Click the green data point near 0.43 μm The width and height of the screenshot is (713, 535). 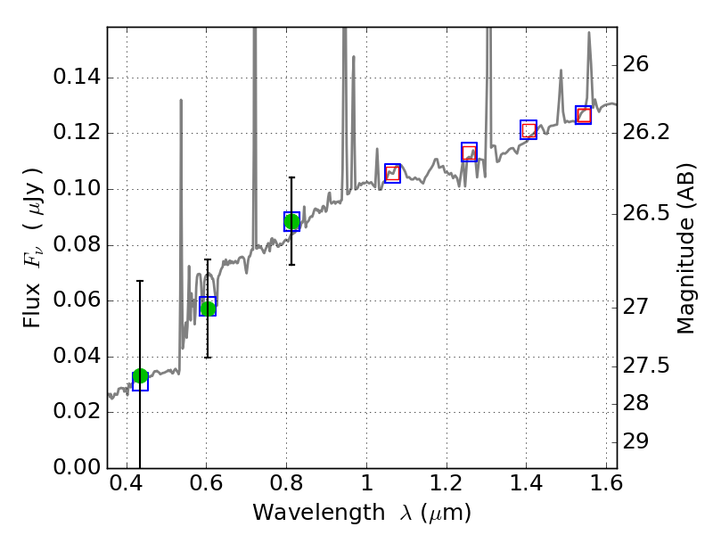(140, 376)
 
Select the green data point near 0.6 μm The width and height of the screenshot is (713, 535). (208, 309)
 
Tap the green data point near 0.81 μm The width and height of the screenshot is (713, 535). (291, 221)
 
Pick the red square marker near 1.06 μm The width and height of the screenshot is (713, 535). (392, 173)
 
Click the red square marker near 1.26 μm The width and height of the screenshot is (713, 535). (469, 152)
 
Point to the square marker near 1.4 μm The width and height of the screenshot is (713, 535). (529, 130)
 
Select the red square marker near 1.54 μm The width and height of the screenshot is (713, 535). (583, 115)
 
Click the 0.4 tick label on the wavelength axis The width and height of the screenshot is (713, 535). (127, 487)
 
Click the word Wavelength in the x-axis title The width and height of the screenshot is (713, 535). (302, 513)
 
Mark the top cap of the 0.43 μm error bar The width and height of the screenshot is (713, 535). (140, 281)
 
